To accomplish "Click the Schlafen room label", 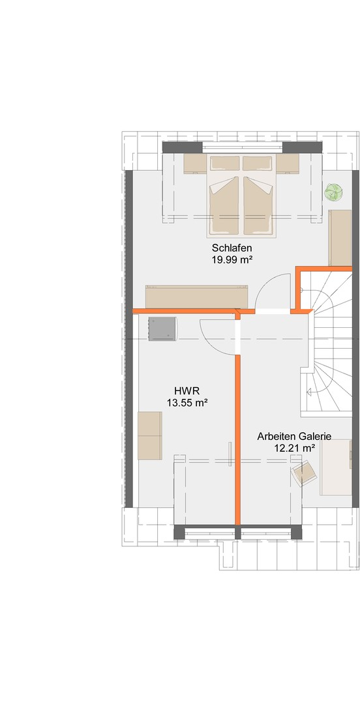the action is [x=232, y=248].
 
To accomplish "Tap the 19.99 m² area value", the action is [x=232, y=259].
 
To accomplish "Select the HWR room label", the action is [x=187, y=392].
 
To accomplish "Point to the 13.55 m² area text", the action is [x=187, y=403].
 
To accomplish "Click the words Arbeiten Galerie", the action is [x=294, y=436].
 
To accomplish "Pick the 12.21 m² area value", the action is [x=294, y=447].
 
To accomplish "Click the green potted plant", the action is [x=334, y=192].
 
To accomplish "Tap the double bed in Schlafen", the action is [x=240, y=196].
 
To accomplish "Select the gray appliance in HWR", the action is [x=162, y=328].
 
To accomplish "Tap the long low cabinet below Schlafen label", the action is [x=197, y=297].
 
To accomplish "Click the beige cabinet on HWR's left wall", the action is [x=149, y=435].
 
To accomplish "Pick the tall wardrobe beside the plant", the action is [x=340, y=237].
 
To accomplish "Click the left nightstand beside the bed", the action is [x=195, y=164].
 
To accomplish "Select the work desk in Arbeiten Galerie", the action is [x=336, y=467].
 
